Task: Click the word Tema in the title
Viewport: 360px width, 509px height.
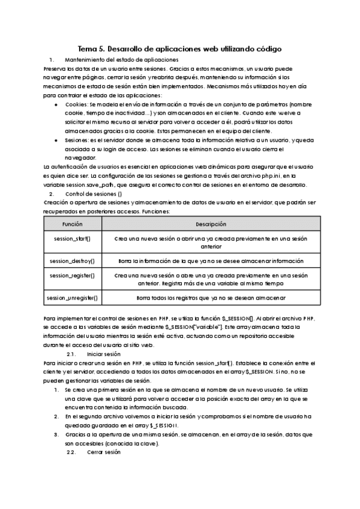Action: point(89,48)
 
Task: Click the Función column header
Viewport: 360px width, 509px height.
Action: point(73,224)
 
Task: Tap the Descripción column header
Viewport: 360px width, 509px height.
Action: point(211,224)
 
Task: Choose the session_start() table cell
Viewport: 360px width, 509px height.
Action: point(73,239)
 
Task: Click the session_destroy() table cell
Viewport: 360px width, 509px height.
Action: point(73,261)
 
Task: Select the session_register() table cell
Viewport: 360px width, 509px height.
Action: point(73,276)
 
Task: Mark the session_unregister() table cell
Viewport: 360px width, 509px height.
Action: point(73,297)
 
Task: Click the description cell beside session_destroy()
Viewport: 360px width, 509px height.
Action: point(211,261)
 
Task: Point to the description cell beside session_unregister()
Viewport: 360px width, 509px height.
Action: point(211,297)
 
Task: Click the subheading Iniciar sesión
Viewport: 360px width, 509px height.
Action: point(103,354)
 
